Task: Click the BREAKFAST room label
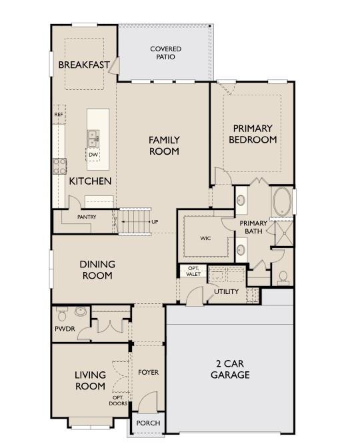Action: click(x=83, y=65)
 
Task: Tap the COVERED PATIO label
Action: click(x=165, y=53)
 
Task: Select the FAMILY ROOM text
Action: click(x=164, y=145)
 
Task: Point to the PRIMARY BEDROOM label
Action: click(x=253, y=134)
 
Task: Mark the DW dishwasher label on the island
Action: click(x=93, y=155)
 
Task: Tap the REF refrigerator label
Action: click(x=59, y=115)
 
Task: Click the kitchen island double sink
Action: click(x=92, y=139)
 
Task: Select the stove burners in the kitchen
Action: click(x=60, y=165)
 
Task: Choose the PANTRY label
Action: click(x=87, y=217)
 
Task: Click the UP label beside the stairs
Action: click(x=155, y=221)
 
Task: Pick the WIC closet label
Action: click(x=205, y=238)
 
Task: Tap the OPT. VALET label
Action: click(x=193, y=271)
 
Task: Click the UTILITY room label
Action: click(x=226, y=292)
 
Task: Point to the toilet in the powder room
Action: click(x=62, y=312)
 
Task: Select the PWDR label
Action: click(x=65, y=329)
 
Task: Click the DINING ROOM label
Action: click(x=97, y=269)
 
